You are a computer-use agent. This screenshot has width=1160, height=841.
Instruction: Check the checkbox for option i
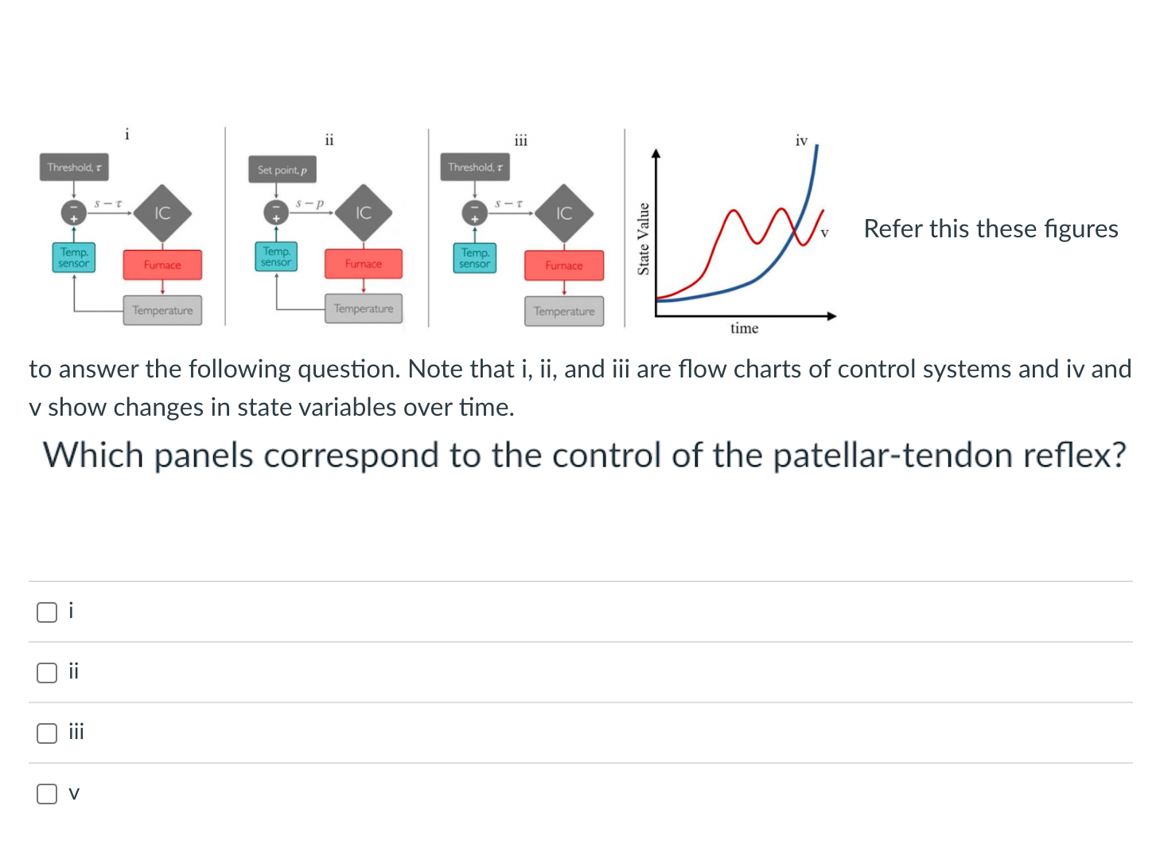click(47, 612)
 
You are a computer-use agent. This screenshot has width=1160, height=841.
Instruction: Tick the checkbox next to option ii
click(47, 672)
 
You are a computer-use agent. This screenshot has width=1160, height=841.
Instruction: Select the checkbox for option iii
click(47, 733)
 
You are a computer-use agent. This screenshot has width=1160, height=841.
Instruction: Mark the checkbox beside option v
click(47, 793)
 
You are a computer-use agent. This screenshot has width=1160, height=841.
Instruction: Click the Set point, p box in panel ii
click(282, 170)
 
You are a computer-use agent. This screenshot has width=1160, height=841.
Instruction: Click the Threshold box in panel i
click(74, 167)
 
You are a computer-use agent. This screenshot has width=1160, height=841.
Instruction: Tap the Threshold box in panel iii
click(475, 167)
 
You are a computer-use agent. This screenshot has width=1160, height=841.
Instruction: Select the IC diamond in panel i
click(162, 213)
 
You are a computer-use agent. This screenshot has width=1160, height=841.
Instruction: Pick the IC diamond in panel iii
click(564, 213)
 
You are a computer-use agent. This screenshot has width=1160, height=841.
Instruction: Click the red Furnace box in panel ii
click(364, 264)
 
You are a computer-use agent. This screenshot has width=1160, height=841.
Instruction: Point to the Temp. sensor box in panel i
click(74, 257)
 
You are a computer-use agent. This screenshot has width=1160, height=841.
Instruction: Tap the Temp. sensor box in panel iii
click(475, 258)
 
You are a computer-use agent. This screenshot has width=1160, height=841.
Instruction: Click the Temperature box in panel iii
click(564, 311)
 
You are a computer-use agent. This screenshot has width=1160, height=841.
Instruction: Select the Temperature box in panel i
click(162, 311)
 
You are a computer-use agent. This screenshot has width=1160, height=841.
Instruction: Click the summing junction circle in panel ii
click(275, 213)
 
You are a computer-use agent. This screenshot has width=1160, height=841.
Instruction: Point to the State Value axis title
click(644, 239)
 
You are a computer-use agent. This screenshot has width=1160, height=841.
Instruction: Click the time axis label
click(744, 328)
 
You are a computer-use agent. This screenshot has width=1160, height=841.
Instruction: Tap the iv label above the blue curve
click(801, 141)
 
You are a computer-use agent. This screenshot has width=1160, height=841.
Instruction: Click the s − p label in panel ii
click(309, 203)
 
